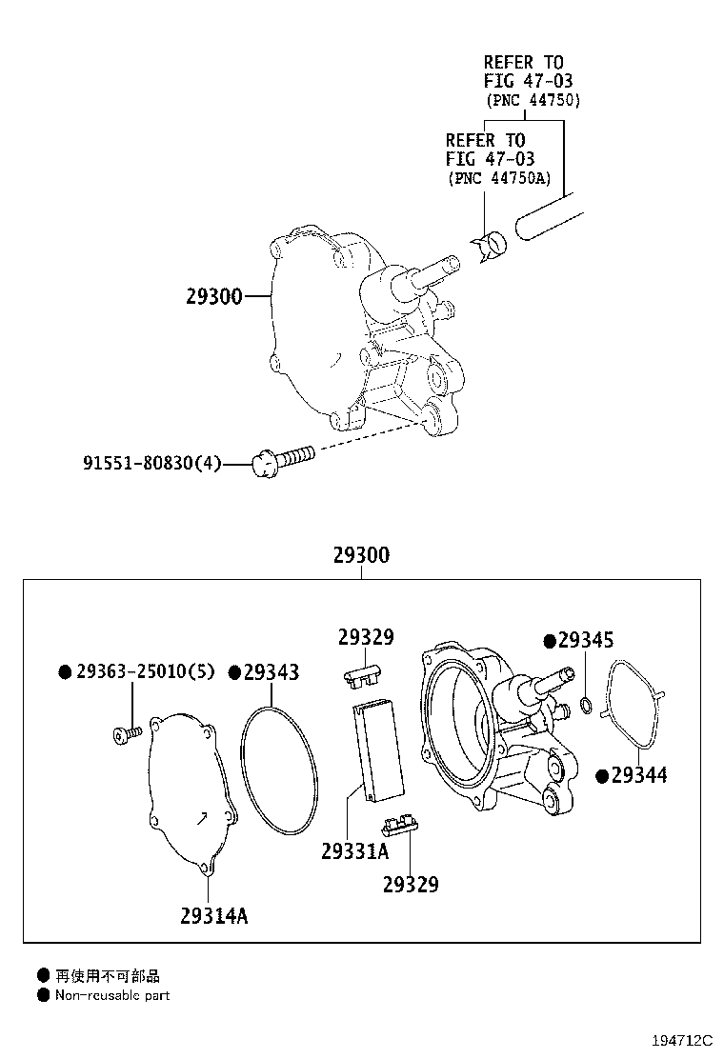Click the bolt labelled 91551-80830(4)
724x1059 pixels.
pyautogui.click(x=283, y=459)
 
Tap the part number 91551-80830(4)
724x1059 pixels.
pyautogui.click(x=152, y=463)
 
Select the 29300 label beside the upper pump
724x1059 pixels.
pyautogui.click(x=214, y=296)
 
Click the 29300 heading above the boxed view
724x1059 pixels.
pyautogui.click(x=361, y=555)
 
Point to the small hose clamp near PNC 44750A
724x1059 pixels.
pyautogui.click(x=491, y=246)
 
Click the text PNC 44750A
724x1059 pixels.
pyautogui.click(x=500, y=179)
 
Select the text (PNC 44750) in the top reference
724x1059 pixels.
pyautogui.click(x=533, y=101)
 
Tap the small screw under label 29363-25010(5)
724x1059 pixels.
pyautogui.click(x=127, y=732)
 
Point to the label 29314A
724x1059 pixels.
pyautogui.click(x=214, y=916)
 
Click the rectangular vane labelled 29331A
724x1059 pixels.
pyautogui.click(x=378, y=751)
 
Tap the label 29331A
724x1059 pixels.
pyautogui.click(x=355, y=851)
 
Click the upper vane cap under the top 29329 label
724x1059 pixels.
pyautogui.click(x=363, y=677)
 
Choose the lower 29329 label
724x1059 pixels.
pyautogui.click(x=411, y=884)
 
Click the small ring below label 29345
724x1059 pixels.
pyautogui.click(x=587, y=707)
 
